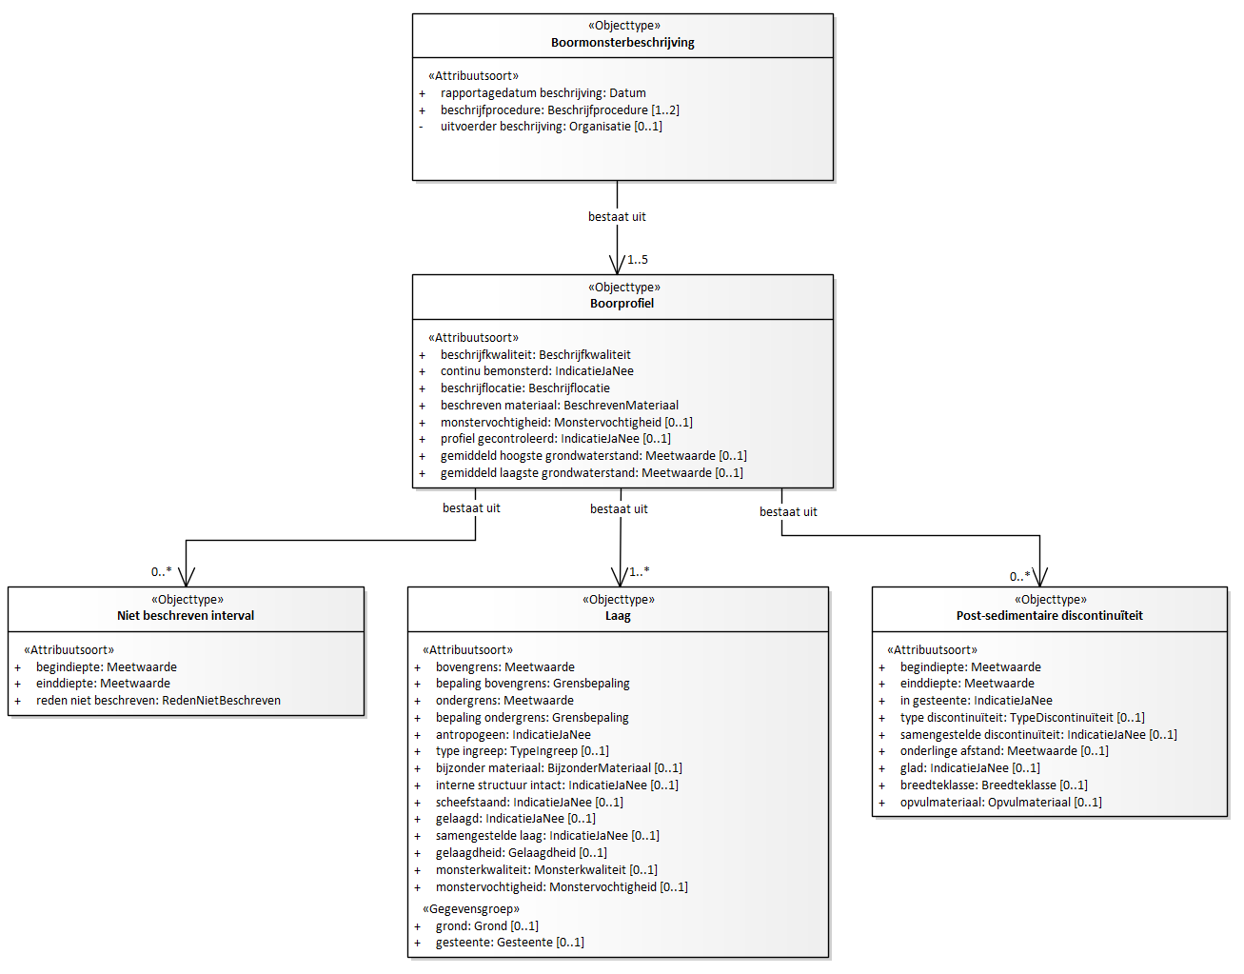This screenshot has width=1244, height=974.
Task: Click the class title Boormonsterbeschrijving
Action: [x=622, y=43]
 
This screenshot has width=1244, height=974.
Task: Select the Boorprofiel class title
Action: [x=622, y=304]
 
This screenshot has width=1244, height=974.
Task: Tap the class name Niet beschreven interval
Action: [x=186, y=616]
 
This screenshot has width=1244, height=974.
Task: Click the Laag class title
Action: [x=618, y=616]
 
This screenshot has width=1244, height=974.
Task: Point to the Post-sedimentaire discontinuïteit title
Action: [x=1049, y=616]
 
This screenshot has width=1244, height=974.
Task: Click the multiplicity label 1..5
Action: [x=637, y=260]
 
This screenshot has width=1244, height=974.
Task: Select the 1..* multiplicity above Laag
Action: [x=640, y=571]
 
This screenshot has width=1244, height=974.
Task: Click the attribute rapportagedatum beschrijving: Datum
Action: [x=543, y=92]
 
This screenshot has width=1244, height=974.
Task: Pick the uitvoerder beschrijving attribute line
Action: [x=551, y=127]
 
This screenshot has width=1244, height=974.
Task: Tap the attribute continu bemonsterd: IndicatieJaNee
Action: [x=537, y=371]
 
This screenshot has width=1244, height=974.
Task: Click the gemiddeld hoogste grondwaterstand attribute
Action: [x=594, y=456]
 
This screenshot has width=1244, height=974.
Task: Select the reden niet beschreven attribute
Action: [x=158, y=701]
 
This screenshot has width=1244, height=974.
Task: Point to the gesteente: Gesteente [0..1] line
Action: [x=509, y=943]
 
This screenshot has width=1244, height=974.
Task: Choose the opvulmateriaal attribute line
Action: [x=1000, y=803]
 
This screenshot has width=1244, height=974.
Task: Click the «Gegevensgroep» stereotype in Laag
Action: [x=470, y=908]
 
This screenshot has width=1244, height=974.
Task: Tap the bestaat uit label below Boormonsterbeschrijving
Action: [x=617, y=217]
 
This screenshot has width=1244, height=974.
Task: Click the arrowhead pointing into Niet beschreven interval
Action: [x=186, y=577]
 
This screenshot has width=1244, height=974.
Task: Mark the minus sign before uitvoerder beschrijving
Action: [x=421, y=127]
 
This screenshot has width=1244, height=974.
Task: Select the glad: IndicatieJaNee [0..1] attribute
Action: [x=970, y=768]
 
